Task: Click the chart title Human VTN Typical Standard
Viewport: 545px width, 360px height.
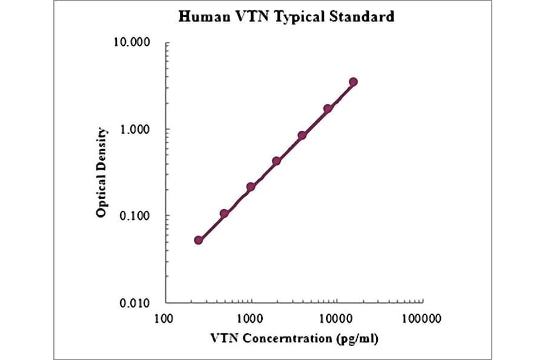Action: tap(286, 16)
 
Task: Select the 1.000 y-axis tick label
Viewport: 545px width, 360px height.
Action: tap(135, 130)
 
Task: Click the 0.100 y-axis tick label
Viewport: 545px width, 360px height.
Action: tap(135, 216)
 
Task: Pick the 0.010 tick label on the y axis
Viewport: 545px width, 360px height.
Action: tap(135, 303)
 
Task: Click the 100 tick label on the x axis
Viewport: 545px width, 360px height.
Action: tap(165, 318)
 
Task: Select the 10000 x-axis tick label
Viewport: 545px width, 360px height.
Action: tap(335, 318)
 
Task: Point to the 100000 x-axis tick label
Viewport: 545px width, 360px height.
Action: tap(421, 318)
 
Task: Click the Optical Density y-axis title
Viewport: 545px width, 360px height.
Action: tap(102, 173)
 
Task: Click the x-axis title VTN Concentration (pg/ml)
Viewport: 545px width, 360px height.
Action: tap(294, 338)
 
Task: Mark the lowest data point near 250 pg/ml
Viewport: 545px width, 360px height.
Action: tap(198, 240)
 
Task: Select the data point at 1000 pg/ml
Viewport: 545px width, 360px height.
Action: tap(250, 187)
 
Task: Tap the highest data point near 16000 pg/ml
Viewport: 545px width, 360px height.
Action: tap(353, 82)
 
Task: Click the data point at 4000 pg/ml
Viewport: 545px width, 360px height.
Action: tap(302, 135)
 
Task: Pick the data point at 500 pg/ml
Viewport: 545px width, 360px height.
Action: tap(224, 213)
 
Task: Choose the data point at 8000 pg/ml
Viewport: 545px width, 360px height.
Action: tap(328, 108)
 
